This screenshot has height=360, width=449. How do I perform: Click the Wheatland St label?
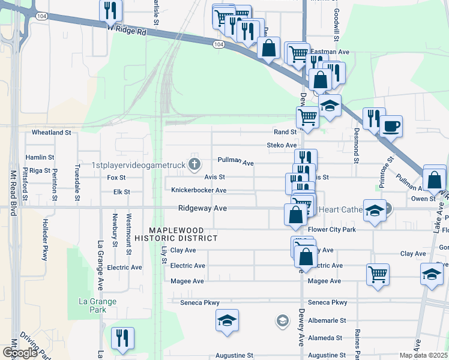coord(52,132)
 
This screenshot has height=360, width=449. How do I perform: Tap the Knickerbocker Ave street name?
coord(199,190)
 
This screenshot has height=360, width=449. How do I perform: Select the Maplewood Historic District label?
coord(183,234)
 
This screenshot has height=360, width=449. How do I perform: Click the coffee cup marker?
coord(391,126)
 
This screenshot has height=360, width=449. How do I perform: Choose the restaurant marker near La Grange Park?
coord(122,338)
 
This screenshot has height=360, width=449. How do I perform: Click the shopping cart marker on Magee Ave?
coord(378,274)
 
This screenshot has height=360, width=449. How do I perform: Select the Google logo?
coord(20,352)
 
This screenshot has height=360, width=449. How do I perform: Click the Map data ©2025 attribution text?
coord(415,355)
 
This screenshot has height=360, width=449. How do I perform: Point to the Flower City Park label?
coord(332,230)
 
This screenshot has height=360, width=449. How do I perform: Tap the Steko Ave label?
coord(282,145)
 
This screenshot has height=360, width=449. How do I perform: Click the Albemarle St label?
coord(327,321)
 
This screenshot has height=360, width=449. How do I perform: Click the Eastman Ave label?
coord(334,52)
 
